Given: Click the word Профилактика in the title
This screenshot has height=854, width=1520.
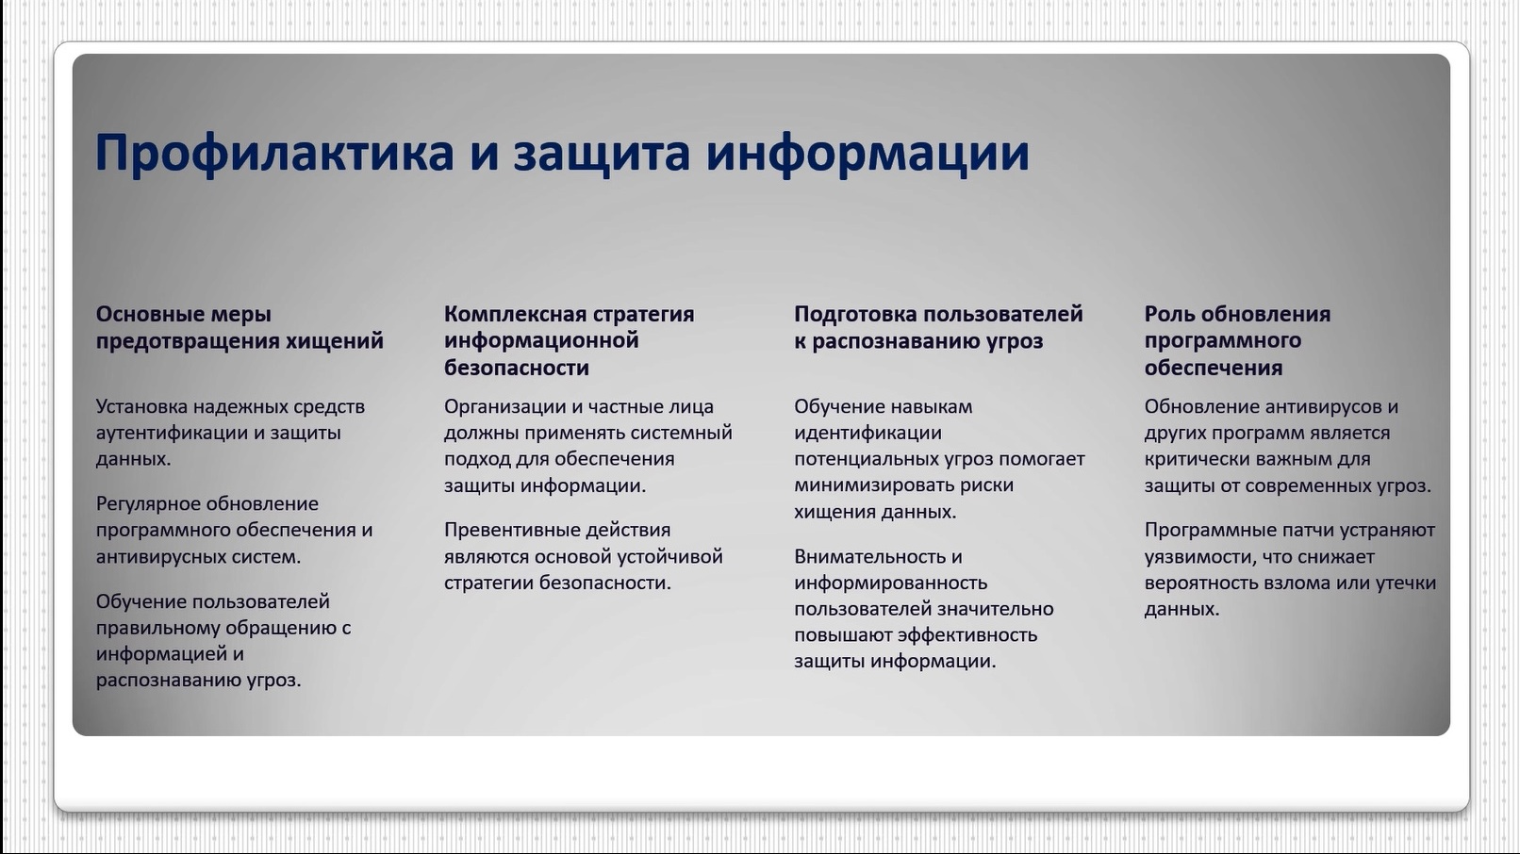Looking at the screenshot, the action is pos(274,154).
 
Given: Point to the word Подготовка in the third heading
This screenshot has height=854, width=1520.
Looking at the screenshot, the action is pos(856,315).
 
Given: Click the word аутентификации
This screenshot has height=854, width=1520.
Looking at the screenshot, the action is pos(172,434).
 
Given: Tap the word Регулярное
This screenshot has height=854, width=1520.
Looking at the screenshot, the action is pos(149,504).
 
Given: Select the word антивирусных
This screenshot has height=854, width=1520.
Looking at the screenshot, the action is pos(161,557).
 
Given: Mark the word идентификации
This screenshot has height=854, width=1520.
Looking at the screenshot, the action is pos(867,434).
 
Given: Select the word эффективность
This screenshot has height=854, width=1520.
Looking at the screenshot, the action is pos(967,635).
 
